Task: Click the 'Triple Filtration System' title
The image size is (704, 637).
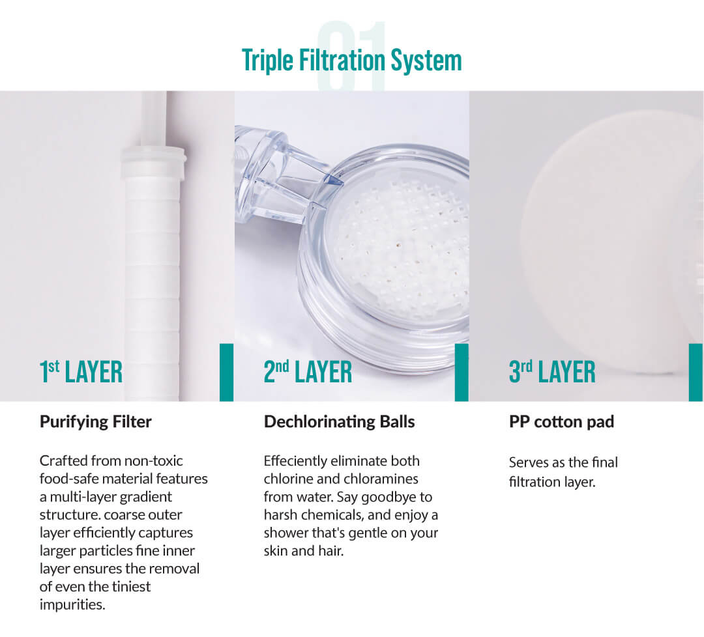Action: (351, 61)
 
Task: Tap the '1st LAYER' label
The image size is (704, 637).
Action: (81, 372)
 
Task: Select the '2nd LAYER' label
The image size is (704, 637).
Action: (308, 372)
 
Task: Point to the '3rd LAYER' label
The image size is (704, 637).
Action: (552, 372)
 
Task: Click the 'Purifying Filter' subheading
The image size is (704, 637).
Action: (96, 422)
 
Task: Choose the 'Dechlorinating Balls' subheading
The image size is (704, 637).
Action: (340, 422)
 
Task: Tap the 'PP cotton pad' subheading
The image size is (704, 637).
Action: (562, 422)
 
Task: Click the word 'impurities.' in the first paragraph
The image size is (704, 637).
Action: (72, 604)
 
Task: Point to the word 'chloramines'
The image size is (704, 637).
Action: (381, 479)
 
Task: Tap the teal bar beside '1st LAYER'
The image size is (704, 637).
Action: (226, 373)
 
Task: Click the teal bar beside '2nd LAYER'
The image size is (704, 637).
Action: (462, 373)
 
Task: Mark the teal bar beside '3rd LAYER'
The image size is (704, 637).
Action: (696, 373)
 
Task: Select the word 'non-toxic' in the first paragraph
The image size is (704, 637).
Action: (153, 461)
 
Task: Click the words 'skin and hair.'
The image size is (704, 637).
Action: (304, 551)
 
